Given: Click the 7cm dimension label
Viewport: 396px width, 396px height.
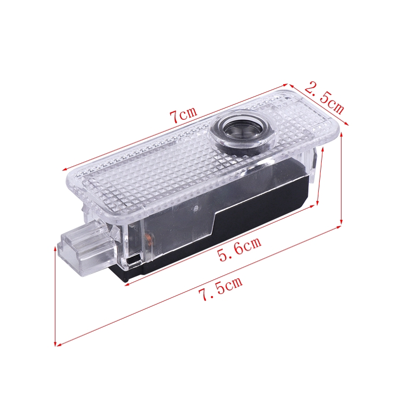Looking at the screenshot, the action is pos(183,114).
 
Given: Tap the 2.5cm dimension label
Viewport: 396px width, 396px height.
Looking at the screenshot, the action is pos(325,98).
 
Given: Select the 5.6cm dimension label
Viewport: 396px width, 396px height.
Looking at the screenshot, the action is pos(240,248).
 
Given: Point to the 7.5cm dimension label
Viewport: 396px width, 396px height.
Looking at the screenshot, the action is pos(220,288).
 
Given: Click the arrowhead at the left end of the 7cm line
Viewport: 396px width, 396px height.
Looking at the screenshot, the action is pos(65,169).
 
